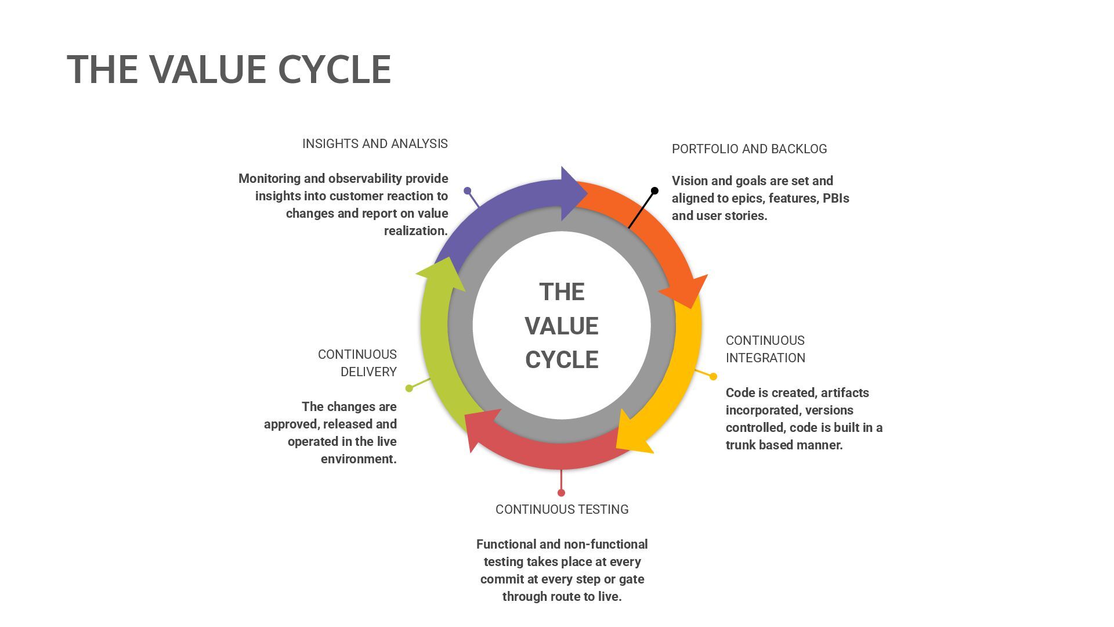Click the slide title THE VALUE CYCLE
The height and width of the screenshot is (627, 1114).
click(x=229, y=69)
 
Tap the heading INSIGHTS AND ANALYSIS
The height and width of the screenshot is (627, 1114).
click(x=375, y=144)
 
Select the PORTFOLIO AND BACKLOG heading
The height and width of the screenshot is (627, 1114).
click(x=749, y=149)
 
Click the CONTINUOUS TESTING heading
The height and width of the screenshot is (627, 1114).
click(x=562, y=510)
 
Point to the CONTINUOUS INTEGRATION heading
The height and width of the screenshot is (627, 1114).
click(x=765, y=349)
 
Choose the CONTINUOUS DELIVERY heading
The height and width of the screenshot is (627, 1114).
click(x=357, y=363)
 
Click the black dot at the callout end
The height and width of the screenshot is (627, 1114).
click(x=654, y=190)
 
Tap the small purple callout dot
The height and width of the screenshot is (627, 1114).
click(x=468, y=190)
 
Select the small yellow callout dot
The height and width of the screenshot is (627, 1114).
click(x=714, y=377)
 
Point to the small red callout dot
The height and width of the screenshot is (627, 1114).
click(x=561, y=493)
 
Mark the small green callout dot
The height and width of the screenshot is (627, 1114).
click(x=409, y=388)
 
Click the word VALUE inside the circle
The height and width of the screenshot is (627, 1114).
click(x=561, y=326)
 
